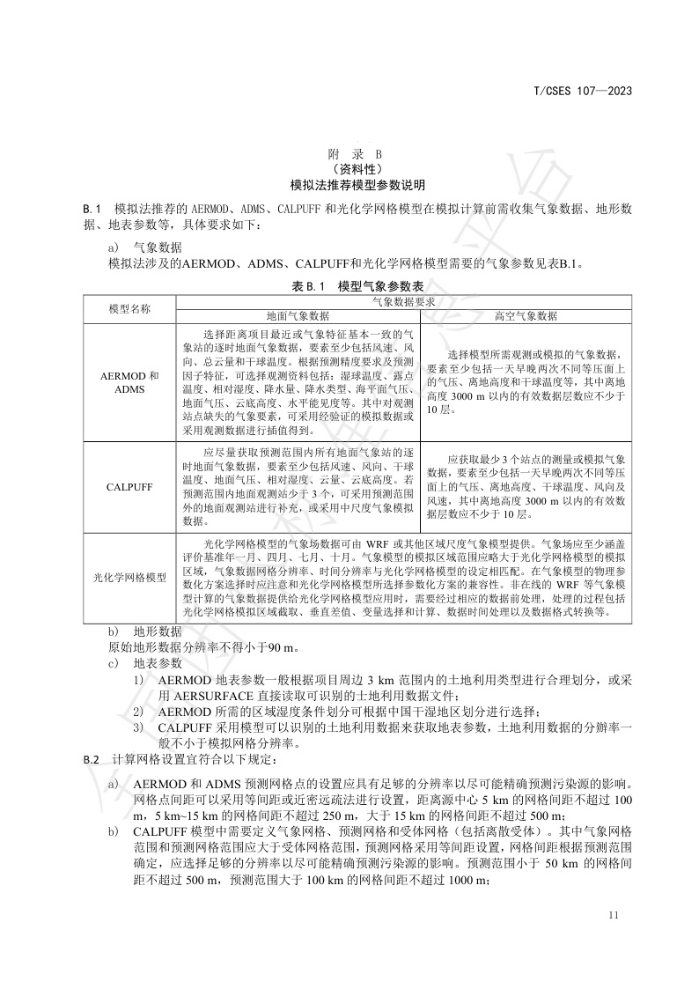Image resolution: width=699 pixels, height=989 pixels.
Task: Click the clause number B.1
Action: tap(93, 209)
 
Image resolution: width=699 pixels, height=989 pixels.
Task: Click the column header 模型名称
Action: tap(129, 309)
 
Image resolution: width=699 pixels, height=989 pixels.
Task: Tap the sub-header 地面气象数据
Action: tap(298, 316)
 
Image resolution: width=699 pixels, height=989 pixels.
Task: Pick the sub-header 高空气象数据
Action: tap(526, 316)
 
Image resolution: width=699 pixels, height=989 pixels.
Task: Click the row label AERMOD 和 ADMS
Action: tap(129, 382)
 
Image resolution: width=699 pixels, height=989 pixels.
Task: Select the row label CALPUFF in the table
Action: tap(129, 486)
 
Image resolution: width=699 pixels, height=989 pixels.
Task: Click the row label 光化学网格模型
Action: tap(129, 577)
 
